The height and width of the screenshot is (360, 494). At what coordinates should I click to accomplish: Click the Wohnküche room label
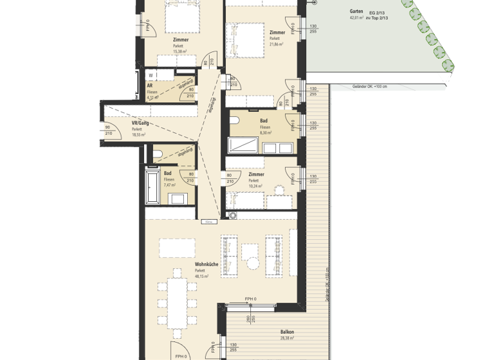tap(206, 264)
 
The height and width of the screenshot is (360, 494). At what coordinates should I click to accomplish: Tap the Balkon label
tap(286, 332)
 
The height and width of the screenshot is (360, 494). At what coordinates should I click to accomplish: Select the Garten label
tap(356, 12)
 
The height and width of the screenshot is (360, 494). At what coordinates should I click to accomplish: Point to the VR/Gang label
tap(140, 123)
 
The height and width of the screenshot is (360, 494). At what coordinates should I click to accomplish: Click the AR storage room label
tap(150, 85)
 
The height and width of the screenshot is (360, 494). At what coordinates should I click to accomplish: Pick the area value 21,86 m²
tap(278, 44)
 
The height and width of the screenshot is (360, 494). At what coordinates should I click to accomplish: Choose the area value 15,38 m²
tap(180, 52)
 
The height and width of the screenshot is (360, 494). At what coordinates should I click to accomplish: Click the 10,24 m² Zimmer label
tap(256, 174)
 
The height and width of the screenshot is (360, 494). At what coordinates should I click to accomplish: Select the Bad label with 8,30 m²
tap(264, 120)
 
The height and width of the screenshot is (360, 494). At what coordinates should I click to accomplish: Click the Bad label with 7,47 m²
tap(168, 173)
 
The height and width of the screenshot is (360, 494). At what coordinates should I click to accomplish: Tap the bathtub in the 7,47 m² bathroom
tap(152, 186)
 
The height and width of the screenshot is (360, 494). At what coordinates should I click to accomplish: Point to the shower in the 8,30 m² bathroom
tap(244, 146)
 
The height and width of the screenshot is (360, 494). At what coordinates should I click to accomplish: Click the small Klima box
tap(208, 222)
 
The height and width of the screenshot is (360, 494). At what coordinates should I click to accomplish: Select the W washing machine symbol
tap(150, 75)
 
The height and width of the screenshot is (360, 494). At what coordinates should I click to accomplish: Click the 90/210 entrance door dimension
tap(108, 130)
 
